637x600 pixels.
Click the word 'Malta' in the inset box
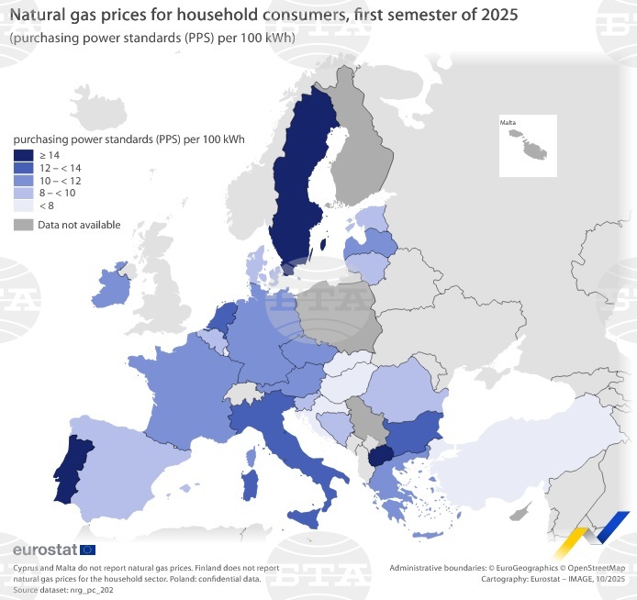508,121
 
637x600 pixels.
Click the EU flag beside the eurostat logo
88,550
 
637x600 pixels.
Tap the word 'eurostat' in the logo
45,550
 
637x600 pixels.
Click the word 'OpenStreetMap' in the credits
595,569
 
